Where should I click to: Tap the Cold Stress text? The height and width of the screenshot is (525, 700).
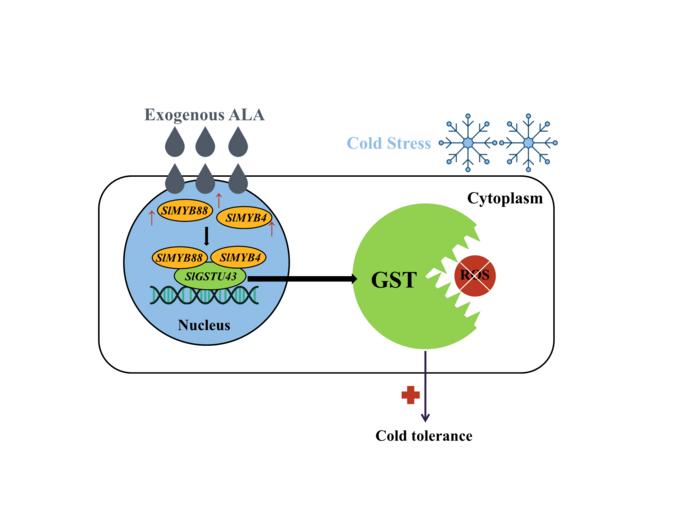[389, 143]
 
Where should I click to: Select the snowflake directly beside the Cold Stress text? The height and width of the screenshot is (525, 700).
[468, 143]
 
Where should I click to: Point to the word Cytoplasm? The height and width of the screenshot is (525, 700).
[505, 198]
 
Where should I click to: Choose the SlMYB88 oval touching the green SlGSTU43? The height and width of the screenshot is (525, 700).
[180, 258]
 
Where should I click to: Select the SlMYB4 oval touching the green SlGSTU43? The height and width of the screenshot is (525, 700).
[237, 258]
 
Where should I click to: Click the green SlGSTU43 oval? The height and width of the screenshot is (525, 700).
[207, 274]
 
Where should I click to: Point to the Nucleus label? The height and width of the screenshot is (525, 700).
[204, 325]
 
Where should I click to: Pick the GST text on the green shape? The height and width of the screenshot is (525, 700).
[393, 280]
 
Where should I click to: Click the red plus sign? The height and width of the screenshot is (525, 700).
[410, 396]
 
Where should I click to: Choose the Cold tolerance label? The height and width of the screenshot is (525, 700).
[423, 436]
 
